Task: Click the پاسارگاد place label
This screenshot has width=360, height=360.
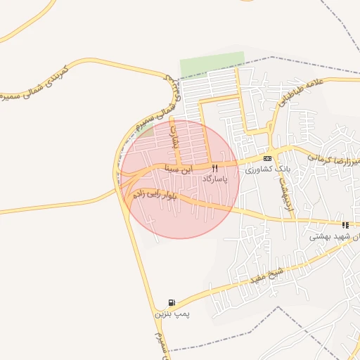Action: coord(216,179)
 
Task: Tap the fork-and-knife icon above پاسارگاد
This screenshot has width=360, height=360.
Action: coord(215,168)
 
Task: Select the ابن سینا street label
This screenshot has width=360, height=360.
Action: coord(178,169)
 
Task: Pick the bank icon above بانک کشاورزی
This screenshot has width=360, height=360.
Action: coord(268,158)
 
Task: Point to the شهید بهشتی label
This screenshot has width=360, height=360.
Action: coord(335,237)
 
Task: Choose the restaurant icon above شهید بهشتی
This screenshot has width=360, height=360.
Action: coord(345,225)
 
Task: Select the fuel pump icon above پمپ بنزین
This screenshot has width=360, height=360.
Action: coord(173,303)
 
